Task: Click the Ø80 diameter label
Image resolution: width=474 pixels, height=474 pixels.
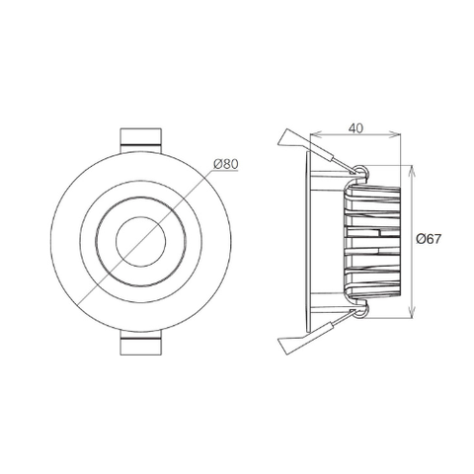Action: coord(225,164)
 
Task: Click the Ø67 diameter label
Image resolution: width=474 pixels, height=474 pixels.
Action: coord(428,239)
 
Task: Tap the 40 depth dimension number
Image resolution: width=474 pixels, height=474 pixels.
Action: coord(355,128)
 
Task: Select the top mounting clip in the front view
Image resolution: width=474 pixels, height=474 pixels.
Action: coord(141,140)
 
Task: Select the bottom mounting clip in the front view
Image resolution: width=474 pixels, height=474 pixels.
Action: coord(141,343)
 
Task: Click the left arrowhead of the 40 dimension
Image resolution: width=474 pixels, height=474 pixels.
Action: coord(315,133)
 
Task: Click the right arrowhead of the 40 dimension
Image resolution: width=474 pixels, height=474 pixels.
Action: coord(396,133)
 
